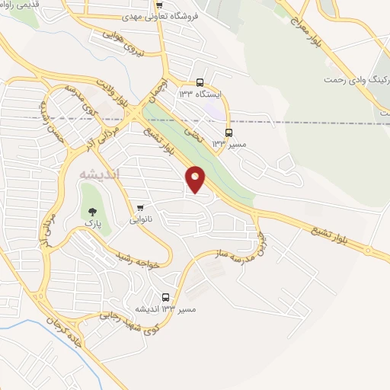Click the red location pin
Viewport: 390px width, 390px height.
[x=196, y=178]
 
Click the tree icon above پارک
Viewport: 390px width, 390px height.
[x=93, y=212]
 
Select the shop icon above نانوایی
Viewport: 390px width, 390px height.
[x=139, y=207]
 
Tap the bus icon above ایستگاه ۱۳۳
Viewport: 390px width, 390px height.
[x=200, y=82]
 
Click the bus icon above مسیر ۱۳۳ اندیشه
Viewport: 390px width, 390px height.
[x=166, y=298]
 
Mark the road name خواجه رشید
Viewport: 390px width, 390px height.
[x=141, y=258]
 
